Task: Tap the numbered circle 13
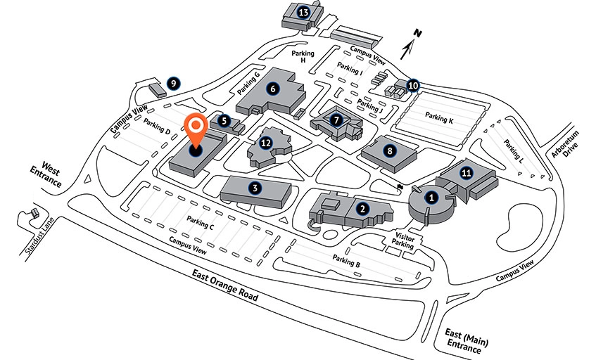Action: click(x=304, y=12)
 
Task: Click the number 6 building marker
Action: click(x=272, y=89)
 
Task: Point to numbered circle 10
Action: click(x=413, y=86)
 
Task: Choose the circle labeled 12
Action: click(x=265, y=143)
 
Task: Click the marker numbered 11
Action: click(x=465, y=172)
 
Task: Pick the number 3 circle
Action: click(x=255, y=188)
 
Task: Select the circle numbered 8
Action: click(x=388, y=149)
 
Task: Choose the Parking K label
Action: click(x=440, y=120)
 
